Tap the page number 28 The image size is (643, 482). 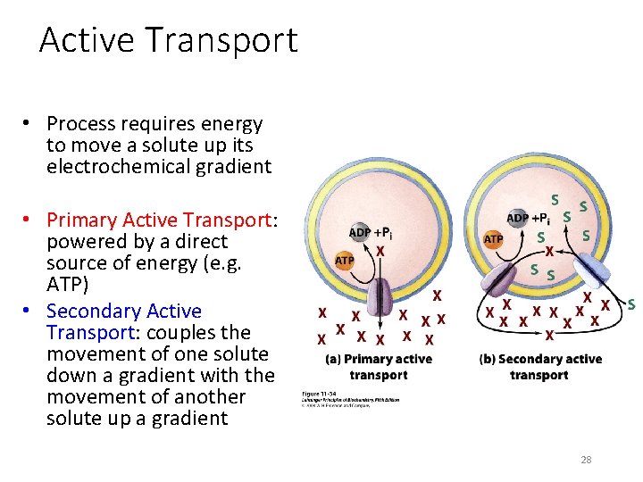coord(586,460)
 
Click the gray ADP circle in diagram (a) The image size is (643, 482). coord(360,233)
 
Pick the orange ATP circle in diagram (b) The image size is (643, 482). coord(493,239)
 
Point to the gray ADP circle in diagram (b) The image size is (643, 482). coord(518,218)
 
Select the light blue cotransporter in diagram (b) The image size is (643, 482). coord(591,271)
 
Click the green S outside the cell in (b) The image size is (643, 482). coord(631,305)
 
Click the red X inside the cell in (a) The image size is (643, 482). coord(380,253)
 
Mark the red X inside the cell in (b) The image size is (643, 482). coord(550,251)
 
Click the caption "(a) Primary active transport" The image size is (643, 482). coord(379,367)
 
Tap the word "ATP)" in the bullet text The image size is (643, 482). coord(67,284)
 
